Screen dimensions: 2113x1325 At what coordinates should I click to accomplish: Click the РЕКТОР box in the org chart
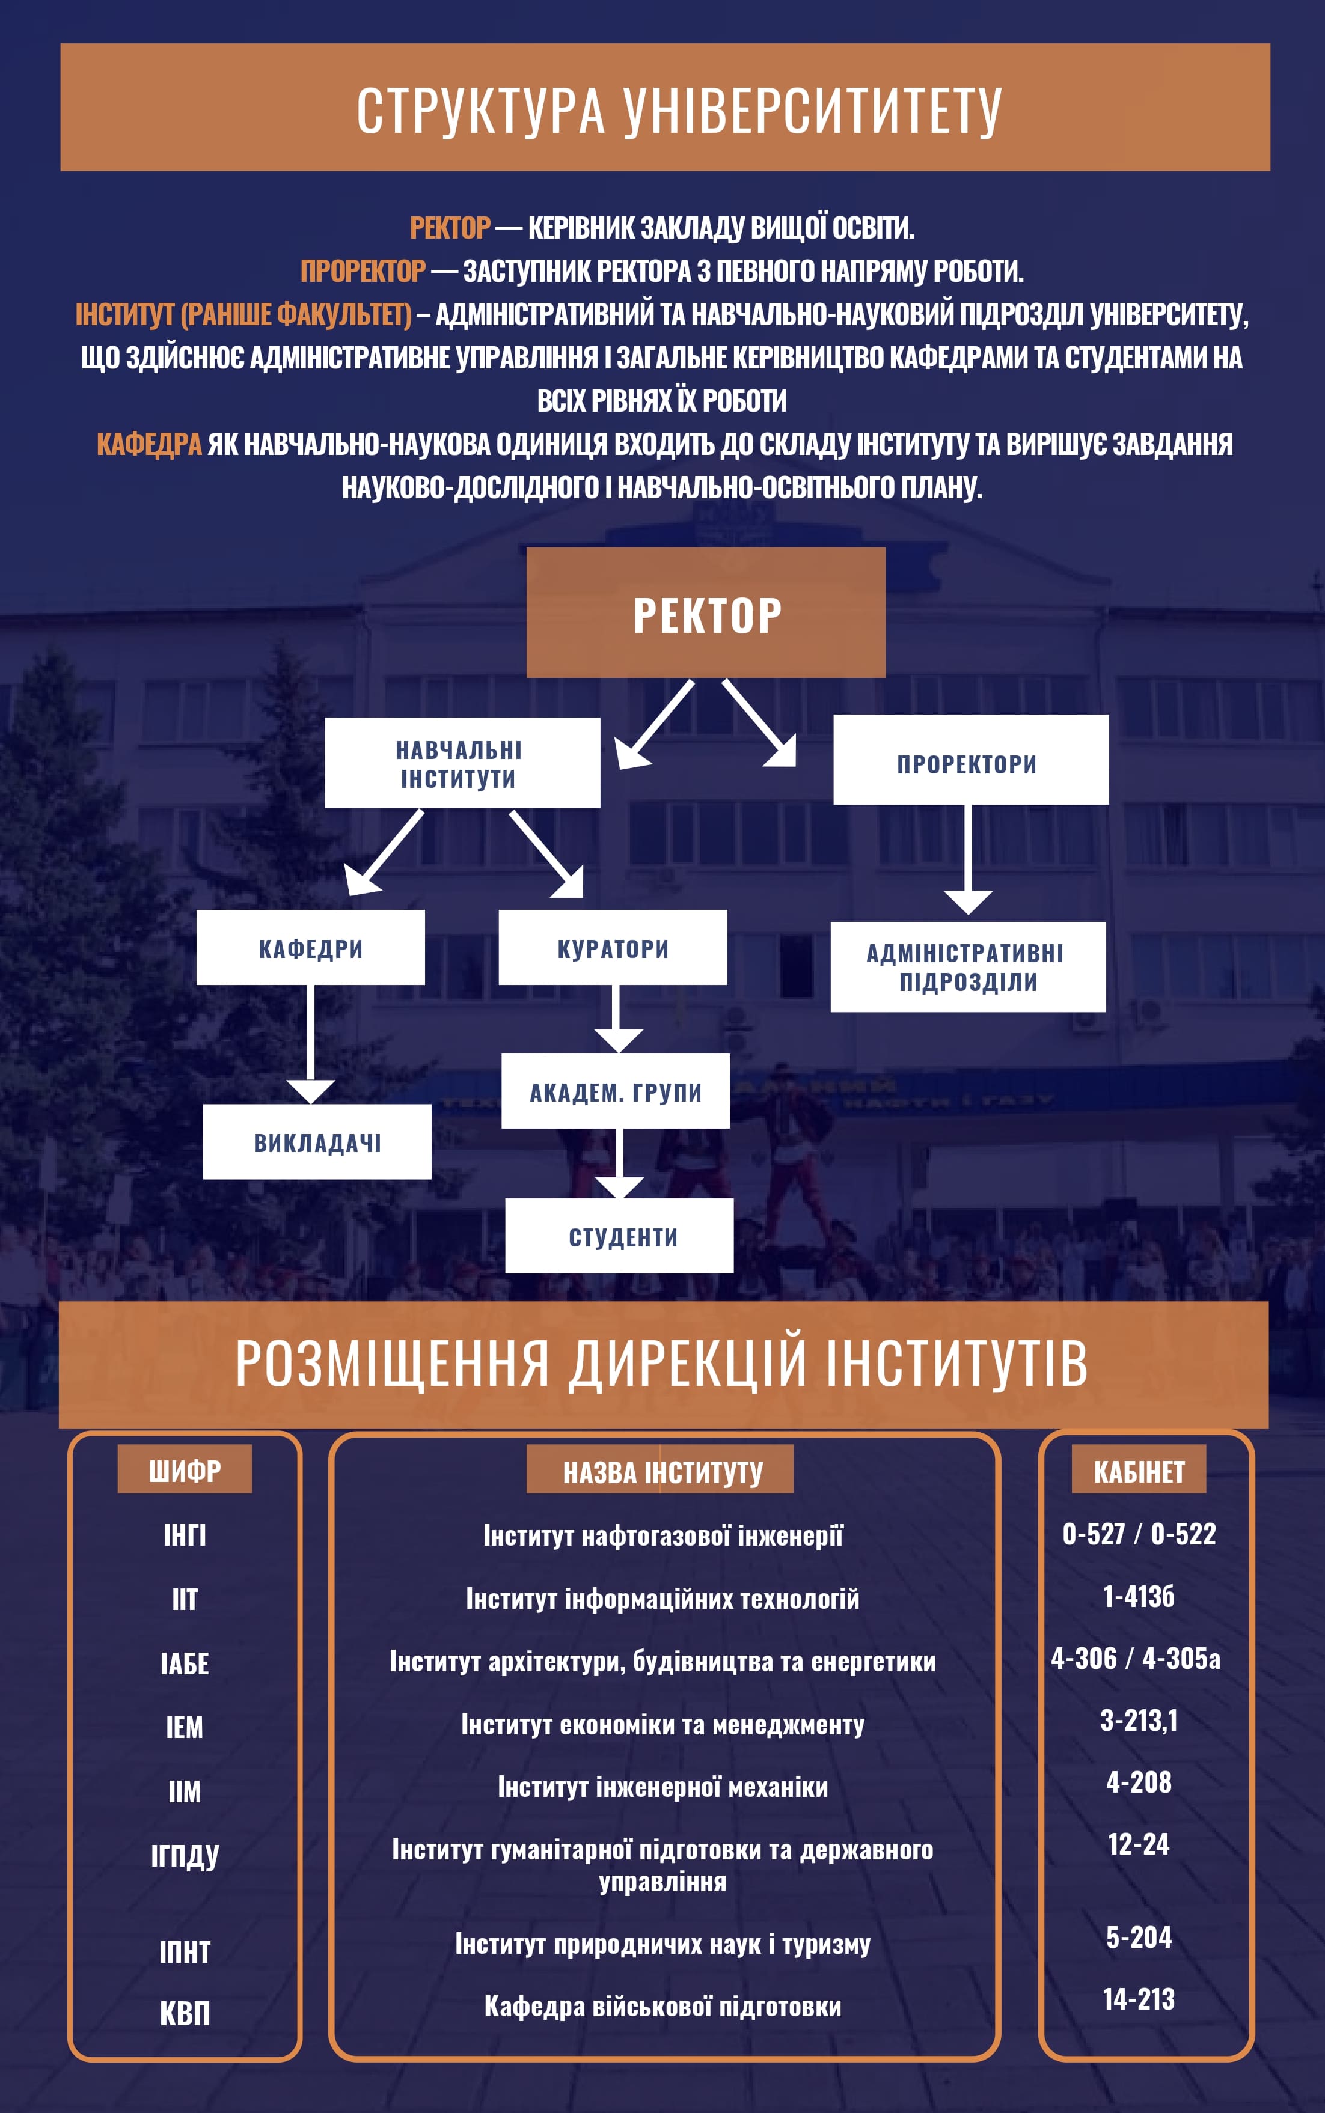click(x=705, y=613)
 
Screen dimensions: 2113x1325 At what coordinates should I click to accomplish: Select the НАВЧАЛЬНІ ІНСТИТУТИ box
click(x=462, y=763)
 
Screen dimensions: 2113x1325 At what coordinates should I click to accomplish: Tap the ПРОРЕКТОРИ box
click(x=970, y=760)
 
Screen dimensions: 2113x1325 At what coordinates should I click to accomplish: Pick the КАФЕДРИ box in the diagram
click(x=310, y=947)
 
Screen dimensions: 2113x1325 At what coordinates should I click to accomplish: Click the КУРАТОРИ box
click(x=613, y=947)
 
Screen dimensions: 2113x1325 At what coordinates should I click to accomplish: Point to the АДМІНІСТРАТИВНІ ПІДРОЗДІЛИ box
click(x=967, y=967)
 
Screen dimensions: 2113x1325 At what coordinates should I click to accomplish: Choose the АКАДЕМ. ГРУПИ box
click(x=615, y=1091)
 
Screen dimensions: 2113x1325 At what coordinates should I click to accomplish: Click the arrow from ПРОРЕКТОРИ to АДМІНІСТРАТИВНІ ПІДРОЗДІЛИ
click(x=967, y=859)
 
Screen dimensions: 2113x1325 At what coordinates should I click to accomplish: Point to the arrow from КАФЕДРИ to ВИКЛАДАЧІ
click(x=310, y=1043)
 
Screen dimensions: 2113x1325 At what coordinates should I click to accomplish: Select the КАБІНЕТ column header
click(x=1139, y=1470)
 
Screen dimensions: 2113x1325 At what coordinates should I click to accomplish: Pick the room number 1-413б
click(x=1139, y=1596)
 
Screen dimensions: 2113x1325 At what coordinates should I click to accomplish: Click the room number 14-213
click(x=1139, y=1999)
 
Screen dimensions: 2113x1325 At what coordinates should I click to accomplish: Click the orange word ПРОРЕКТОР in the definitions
click(x=363, y=270)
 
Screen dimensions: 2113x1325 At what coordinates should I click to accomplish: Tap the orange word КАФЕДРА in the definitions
click(x=149, y=444)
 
